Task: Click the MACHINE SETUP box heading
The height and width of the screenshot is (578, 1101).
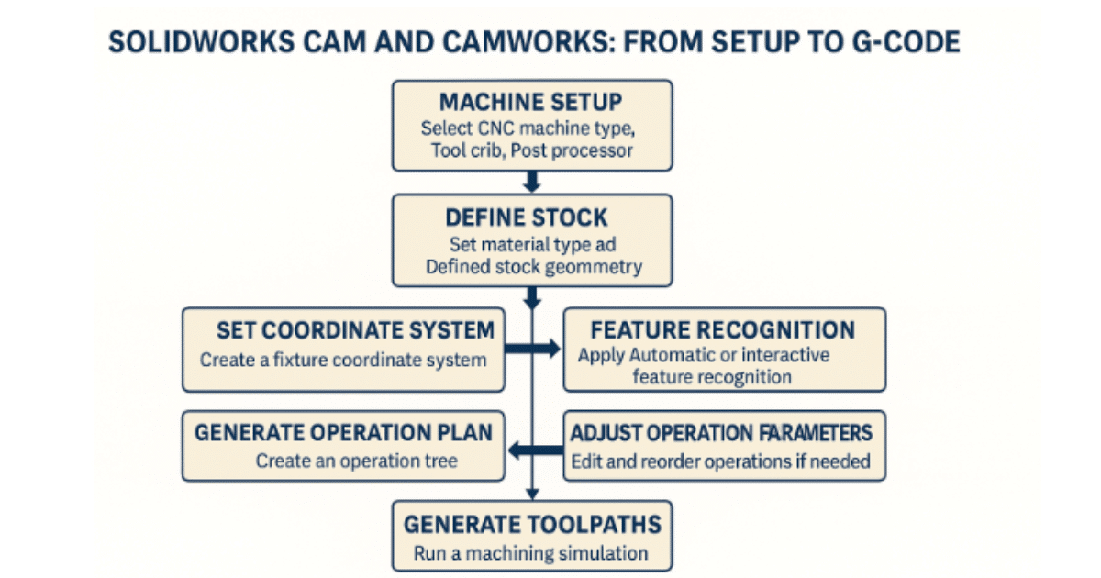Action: pyautogui.click(x=531, y=101)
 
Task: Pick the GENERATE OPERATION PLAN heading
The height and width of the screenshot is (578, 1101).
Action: pyautogui.click(x=343, y=432)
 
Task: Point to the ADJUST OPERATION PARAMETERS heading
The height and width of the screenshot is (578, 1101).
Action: pyautogui.click(x=723, y=432)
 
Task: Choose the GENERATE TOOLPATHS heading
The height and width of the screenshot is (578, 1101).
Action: pyautogui.click(x=531, y=525)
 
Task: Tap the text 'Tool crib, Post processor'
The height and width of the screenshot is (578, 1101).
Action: pyautogui.click(x=531, y=150)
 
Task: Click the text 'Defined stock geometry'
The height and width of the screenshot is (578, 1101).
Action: pyautogui.click(x=531, y=267)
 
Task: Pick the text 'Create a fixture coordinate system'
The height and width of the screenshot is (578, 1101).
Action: pyautogui.click(x=343, y=360)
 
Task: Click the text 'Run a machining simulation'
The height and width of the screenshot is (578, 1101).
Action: pyautogui.click(x=531, y=553)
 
